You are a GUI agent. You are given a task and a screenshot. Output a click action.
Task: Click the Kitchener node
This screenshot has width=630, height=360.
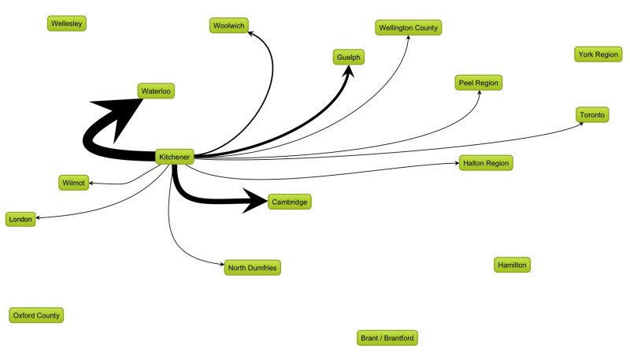(x=174, y=157)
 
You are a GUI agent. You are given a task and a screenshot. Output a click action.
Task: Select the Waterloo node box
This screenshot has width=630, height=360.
(x=156, y=91)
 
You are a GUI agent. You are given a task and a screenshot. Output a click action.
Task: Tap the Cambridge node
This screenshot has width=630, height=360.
(x=289, y=202)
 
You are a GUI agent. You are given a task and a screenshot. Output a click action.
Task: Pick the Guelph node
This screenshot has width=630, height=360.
(x=348, y=57)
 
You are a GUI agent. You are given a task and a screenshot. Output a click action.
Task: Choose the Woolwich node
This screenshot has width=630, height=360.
(x=228, y=25)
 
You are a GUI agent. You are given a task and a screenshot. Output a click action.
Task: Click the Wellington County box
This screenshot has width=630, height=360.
(x=408, y=28)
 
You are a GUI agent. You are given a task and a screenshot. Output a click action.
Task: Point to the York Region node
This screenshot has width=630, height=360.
(x=598, y=54)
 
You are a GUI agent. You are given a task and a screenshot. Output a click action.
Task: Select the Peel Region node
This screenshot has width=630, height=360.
(x=478, y=83)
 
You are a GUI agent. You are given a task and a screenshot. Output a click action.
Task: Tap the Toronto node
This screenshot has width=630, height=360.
(x=592, y=115)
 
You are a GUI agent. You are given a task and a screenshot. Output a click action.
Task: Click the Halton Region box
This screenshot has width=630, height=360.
(x=486, y=163)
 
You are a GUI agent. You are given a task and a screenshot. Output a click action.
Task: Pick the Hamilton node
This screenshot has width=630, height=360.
(x=512, y=265)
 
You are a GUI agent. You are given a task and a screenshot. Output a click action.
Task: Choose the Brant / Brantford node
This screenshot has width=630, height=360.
(x=387, y=338)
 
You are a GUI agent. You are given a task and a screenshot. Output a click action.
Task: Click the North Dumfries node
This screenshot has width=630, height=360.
(x=252, y=268)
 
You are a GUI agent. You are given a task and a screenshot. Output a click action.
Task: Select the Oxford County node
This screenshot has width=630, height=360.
(x=36, y=315)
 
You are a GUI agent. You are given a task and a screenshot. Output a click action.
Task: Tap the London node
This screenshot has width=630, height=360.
(x=20, y=219)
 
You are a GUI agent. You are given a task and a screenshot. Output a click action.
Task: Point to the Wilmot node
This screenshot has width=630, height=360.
(x=73, y=183)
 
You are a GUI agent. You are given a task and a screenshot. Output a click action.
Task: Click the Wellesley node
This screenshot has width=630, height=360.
(x=67, y=24)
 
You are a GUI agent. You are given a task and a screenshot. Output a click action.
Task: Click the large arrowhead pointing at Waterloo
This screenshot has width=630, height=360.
(x=120, y=114)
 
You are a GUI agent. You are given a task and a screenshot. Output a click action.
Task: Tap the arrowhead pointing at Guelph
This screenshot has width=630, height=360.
(x=348, y=71)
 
